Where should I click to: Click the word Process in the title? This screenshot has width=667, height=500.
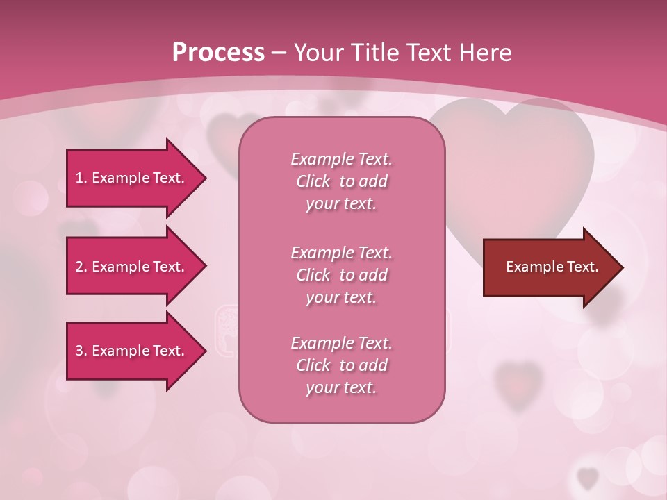(218, 52)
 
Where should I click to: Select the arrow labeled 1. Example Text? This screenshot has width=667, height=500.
(132, 178)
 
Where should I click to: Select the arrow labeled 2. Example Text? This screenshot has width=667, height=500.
(132, 267)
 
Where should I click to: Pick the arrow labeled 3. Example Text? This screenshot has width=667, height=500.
(132, 351)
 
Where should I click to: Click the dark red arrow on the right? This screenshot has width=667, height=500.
(549, 267)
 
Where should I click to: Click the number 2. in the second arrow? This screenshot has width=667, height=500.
(81, 267)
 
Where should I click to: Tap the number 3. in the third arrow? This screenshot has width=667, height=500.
(81, 351)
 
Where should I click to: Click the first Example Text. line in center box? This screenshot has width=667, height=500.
(341, 159)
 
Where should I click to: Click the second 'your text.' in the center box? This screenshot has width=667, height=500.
(341, 297)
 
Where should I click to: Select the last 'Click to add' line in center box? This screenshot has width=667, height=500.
(341, 365)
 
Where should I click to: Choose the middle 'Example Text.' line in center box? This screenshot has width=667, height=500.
(341, 252)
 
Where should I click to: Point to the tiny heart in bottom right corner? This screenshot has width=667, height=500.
(588, 477)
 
